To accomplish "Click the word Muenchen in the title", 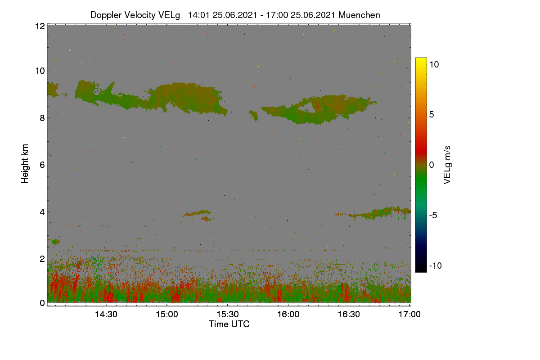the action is click(x=359, y=15).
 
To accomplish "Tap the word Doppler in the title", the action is click(x=106, y=15).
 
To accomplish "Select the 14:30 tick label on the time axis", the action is click(x=106, y=314).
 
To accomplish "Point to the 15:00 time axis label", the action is click(x=167, y=314).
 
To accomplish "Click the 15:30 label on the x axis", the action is click(x=228, y=314).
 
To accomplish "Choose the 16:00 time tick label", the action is click(x=288, y=314).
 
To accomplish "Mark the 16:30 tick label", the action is click(x=349, y=314).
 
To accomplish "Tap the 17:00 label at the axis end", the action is click(x=409, y=314).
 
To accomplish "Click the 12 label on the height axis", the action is click(x=40, y=26).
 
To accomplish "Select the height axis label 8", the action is click(x=42, y=118).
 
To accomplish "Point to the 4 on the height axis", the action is click(x=42, y=212).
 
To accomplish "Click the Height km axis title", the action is click(x=25, y=164).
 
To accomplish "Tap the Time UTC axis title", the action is click(x=229, y=324).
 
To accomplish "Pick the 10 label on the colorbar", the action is click(x=434, y=65).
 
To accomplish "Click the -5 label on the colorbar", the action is click(x=433, y=215).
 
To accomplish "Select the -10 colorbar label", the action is click(x=436, y=265).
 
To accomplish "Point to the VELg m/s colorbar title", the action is click(x=447, y=165).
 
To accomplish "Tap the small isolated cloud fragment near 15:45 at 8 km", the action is click(x=254, y=116).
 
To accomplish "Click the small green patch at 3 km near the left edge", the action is click(x=56, y=241).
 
